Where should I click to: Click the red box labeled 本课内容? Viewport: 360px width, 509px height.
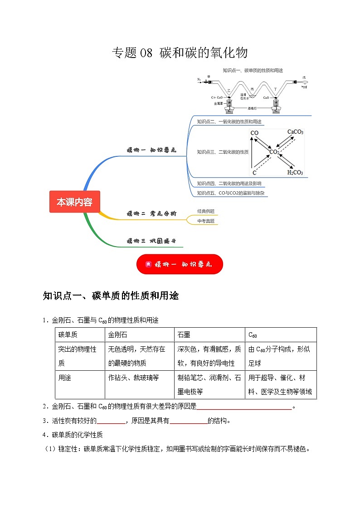74,202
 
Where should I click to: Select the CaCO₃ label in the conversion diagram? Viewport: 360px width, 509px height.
295,132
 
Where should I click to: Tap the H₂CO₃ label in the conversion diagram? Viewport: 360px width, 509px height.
295,172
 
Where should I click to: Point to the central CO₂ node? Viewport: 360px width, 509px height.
275,152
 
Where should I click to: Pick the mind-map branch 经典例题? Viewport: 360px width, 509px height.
206,211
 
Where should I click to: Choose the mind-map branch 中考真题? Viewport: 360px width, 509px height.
206,221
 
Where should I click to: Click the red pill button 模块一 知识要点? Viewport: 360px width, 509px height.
180,264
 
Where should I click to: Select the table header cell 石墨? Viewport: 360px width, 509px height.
184,334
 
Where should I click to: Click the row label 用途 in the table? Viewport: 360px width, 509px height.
65,378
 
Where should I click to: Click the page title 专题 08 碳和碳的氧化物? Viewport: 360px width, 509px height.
180,53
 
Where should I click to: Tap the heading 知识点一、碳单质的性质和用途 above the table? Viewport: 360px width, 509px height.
111,296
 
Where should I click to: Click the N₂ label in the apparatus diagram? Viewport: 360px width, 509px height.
199,79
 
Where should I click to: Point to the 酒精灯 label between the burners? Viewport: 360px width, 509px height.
252,108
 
